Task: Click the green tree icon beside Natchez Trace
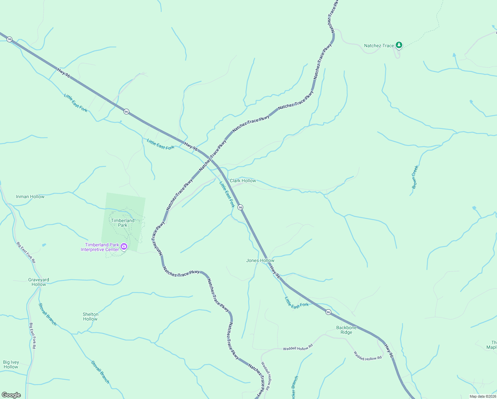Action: (399, 45)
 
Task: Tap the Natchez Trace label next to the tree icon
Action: (379, 46)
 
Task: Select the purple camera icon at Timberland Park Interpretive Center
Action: (124, 246)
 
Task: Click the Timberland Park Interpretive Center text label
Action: (100, 247)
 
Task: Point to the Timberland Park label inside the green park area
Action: (123, 223)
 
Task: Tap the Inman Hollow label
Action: (30, 197)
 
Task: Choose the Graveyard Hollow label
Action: (39, 282)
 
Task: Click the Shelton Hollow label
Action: (90, 317)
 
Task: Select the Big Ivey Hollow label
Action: (11, 364)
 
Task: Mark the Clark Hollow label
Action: (243, 181)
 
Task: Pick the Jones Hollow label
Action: (260, 260)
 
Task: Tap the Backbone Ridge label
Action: (346, 330)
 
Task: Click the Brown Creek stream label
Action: (415, 177)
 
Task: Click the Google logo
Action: (11, 395)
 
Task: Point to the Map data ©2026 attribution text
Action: (482, 396)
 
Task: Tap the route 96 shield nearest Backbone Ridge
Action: (328, 312)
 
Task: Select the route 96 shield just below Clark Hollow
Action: (241, 207)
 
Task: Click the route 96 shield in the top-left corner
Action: (10, 39)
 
